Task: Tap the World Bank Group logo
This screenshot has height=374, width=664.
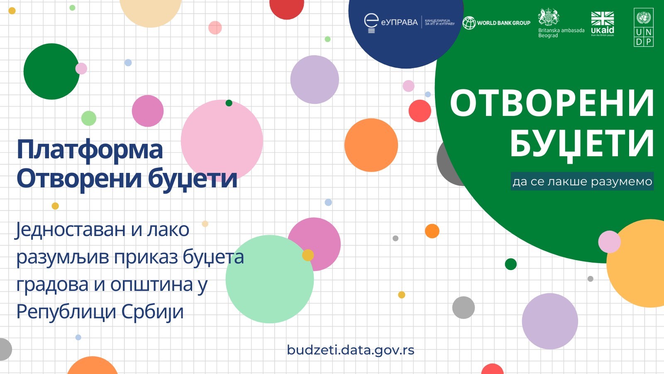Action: point(496,23)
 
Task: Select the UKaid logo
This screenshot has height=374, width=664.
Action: point(603,24)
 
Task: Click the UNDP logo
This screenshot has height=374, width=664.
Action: point(644,27)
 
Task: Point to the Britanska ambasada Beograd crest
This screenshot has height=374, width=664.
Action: point(549,17)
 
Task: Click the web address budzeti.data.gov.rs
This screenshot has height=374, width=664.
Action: point(351,350)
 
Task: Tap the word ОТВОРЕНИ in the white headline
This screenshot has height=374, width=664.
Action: point(552,103)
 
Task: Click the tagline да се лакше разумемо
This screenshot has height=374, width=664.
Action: point(582,182)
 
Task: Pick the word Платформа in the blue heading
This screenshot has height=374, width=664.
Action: point(90,150)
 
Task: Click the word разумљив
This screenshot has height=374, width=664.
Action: point(62,257)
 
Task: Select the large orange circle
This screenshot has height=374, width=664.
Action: point(371,145)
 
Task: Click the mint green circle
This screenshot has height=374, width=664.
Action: point(270,279)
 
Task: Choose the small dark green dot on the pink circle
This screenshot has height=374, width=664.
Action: point(229,103)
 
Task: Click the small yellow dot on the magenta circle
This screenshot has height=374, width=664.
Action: point(308,255)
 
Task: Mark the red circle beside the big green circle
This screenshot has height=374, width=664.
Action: point(420,111)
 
